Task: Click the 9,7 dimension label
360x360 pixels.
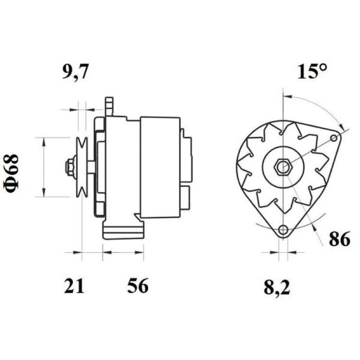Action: [x=75, y=72]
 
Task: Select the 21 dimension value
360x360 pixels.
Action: [x=74, y=286]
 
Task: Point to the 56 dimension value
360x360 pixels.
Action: [x=138, y=286]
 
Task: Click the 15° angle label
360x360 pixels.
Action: [x=311, y=72]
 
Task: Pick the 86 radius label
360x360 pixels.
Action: [x=340, y=239]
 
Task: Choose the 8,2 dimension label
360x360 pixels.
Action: [x=277, y=287]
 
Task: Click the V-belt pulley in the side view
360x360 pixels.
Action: [x=82, y=167]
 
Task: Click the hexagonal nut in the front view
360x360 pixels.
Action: [x=283, y=167]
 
